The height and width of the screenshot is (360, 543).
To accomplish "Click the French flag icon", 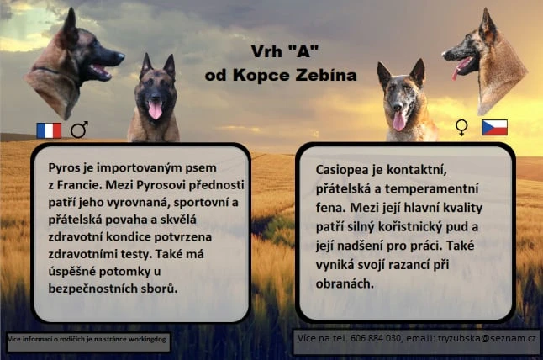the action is click(49, 130).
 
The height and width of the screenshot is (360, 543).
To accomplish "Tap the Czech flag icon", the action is click(494, 128).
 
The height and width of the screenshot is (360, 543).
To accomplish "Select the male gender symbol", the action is click(79, 130).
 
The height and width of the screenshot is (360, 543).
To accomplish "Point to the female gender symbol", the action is click(461, 128).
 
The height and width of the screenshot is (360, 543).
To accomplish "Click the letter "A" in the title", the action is click(303, 51).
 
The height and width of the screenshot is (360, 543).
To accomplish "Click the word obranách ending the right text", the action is click(345, 283).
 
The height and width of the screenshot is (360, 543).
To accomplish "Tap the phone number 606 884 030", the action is click(376, 338).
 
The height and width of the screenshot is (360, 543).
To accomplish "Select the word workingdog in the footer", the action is click(147, 339).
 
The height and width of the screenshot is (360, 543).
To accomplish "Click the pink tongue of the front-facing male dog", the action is click(155, 110).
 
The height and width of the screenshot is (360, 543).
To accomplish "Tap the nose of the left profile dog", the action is click(120, 56).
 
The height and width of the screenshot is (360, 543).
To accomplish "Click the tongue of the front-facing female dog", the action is click(399, 121).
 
